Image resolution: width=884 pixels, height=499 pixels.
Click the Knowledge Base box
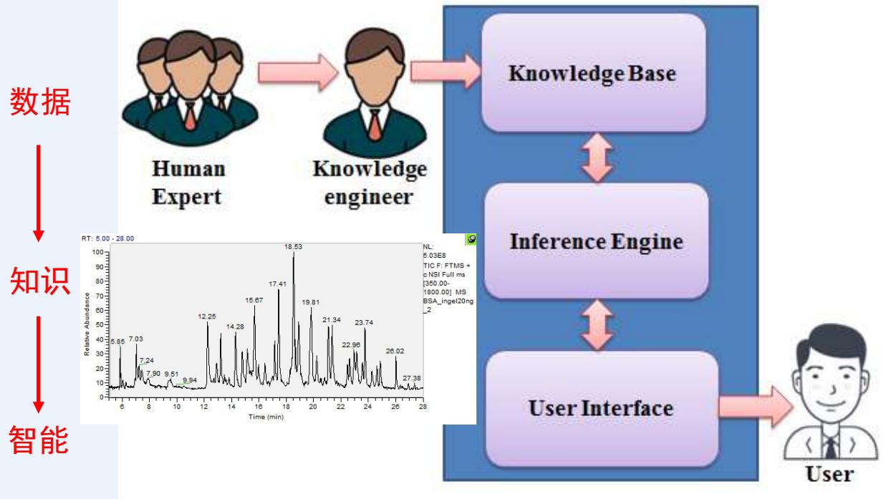[x=592, y=74]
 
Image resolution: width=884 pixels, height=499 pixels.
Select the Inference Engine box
[x=596, y=241]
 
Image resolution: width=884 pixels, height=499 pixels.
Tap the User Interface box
[x=600, y=408]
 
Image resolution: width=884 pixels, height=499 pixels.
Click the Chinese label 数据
[x=40, y=105]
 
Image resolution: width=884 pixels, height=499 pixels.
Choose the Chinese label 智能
[x=40, y=441]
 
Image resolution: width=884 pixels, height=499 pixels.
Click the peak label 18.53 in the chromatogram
[x=292, y=247]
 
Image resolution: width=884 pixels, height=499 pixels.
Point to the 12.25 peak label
[x=207, y=316]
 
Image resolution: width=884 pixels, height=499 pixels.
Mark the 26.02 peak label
[x=395, y=352]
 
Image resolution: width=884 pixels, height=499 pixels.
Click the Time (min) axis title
[x=265, y=416]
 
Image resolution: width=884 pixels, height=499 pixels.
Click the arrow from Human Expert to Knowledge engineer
[x=286, y=72]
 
